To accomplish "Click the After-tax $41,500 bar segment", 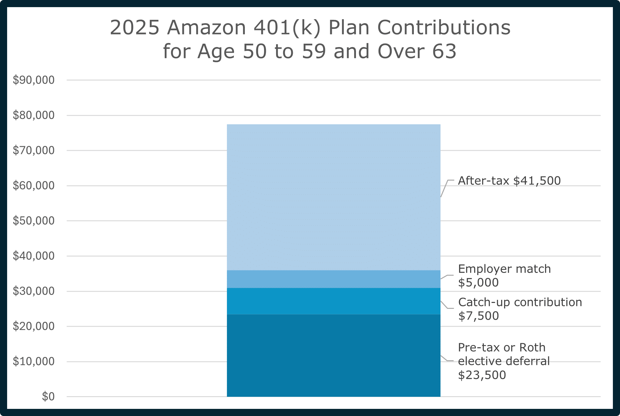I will pyautogui.click(x=333, y=197).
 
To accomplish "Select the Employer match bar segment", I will pyautogui.click(x=333, y=279).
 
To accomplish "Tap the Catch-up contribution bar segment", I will pyautogui.click(x=333, y=301).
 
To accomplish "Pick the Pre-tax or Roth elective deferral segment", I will pyautogui.click(x=333, y=355).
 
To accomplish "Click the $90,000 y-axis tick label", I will pyautogui.click(x=33, y=80).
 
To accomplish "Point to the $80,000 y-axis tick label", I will pyautogui.click(x=33, y=115).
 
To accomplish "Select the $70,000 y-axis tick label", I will pyautogui.click(x=33, y=151).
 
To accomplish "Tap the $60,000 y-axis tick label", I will pyautogui.click(x=33, y=186).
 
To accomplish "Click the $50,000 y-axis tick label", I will pyautogui.click(x=33, y=221).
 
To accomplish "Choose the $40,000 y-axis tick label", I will pyautogui.click(x=33, y=256).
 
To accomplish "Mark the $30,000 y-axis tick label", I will pyautogui.click(x=33, y=291).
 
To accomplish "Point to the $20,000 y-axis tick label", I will pyautogui.click(x=33, y=326).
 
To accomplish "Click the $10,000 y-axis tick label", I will pyautogui.click(x=33, y=361).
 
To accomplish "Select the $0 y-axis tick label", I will pyautogui.click(x=48, y=396).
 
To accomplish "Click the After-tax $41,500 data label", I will pyautogui.click(x=509, y=181).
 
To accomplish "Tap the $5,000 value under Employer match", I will pyautogui.click(x=478, y=282).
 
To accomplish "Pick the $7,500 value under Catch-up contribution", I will pyautogui.click(x=479, y=316).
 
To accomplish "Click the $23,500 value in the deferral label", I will pyautogui.click(x=482, y=375).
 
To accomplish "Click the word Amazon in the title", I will pyautogui.click(x=206, y=28).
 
